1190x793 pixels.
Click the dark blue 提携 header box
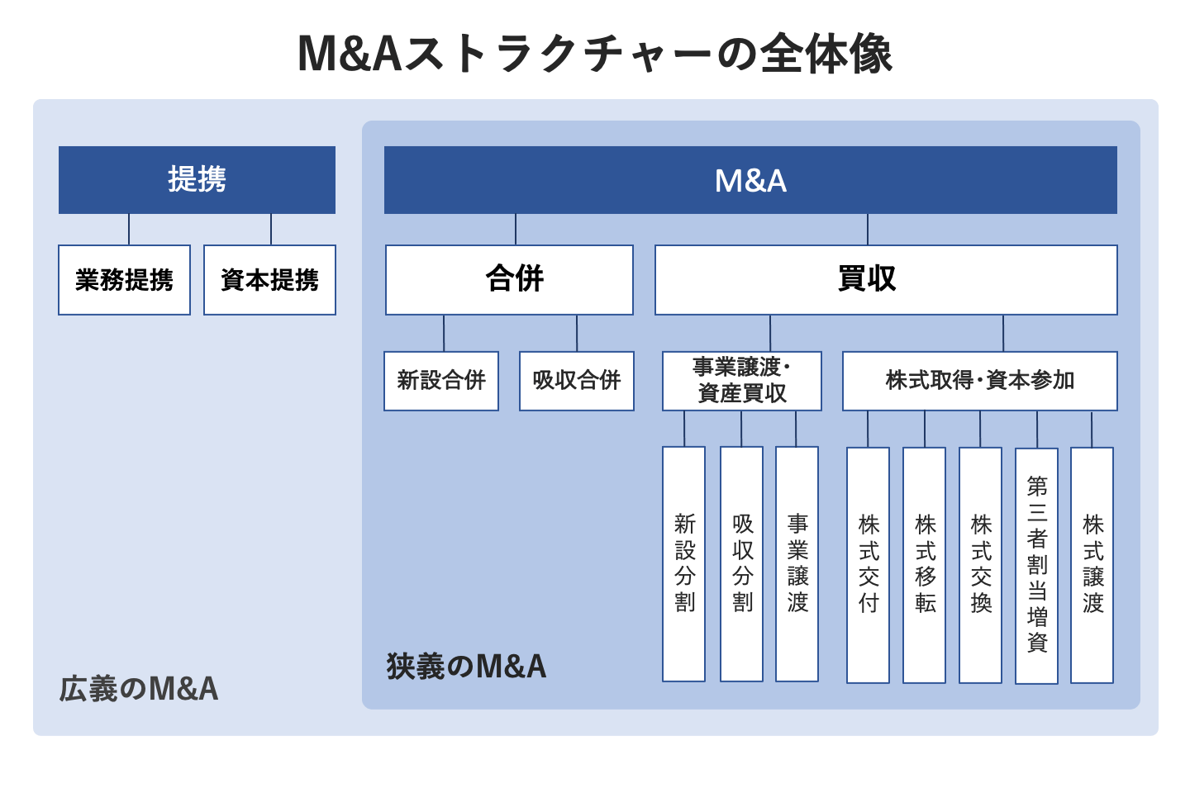pyautogui.click(x=197, y=180)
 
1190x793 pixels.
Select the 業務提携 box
pyautogui.click(x=124, y=280)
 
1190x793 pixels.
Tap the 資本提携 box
pyautogui.click(x=269, y=280)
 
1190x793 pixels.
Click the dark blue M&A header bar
pyautogui.click(x=750, y=180)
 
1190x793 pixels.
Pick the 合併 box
pyautogui.click(x=509, y=279)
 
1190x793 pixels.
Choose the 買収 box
pyautogui.click(x=886, y=279)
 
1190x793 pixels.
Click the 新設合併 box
pyautogui.click(x=441, y=381)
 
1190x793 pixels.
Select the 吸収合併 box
pyautogui.click(x=577, y=381)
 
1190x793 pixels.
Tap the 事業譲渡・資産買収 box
pyautogui.click(x=742, y=381)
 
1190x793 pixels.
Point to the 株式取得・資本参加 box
pyautogui.click(x=980, y=381)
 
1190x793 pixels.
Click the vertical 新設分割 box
pyautogui.click(x=684, y=564)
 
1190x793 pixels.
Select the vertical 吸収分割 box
pyautogui.click(x=741, y=564)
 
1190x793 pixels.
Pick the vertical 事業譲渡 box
pyautogui.click(x=797, y=564)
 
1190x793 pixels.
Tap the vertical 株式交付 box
pyautogui.click(x=868, y=565)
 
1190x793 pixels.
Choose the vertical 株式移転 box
pyautogui.click(x=924, y=565)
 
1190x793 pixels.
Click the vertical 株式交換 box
pyautogui.click(x=980, y=565)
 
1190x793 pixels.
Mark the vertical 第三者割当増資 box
pyautogui.click(x=1036, y=565)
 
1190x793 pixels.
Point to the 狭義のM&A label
pyautogui.click(x=466, y=667)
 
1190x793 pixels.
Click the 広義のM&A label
pyautogui.click(x=139, y=689)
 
